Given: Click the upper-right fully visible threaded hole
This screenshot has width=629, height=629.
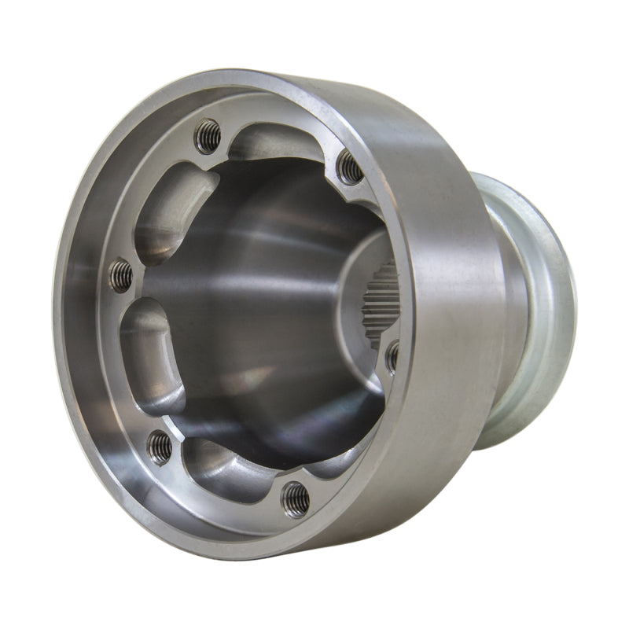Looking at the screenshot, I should click(x=350, y=168).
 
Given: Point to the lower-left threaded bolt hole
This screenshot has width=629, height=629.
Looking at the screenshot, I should click(x=160, y=447).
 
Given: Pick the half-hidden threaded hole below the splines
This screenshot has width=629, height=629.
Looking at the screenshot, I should click(x=392, y=356).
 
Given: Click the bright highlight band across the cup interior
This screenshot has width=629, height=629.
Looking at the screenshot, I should click(x=259, y=267).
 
